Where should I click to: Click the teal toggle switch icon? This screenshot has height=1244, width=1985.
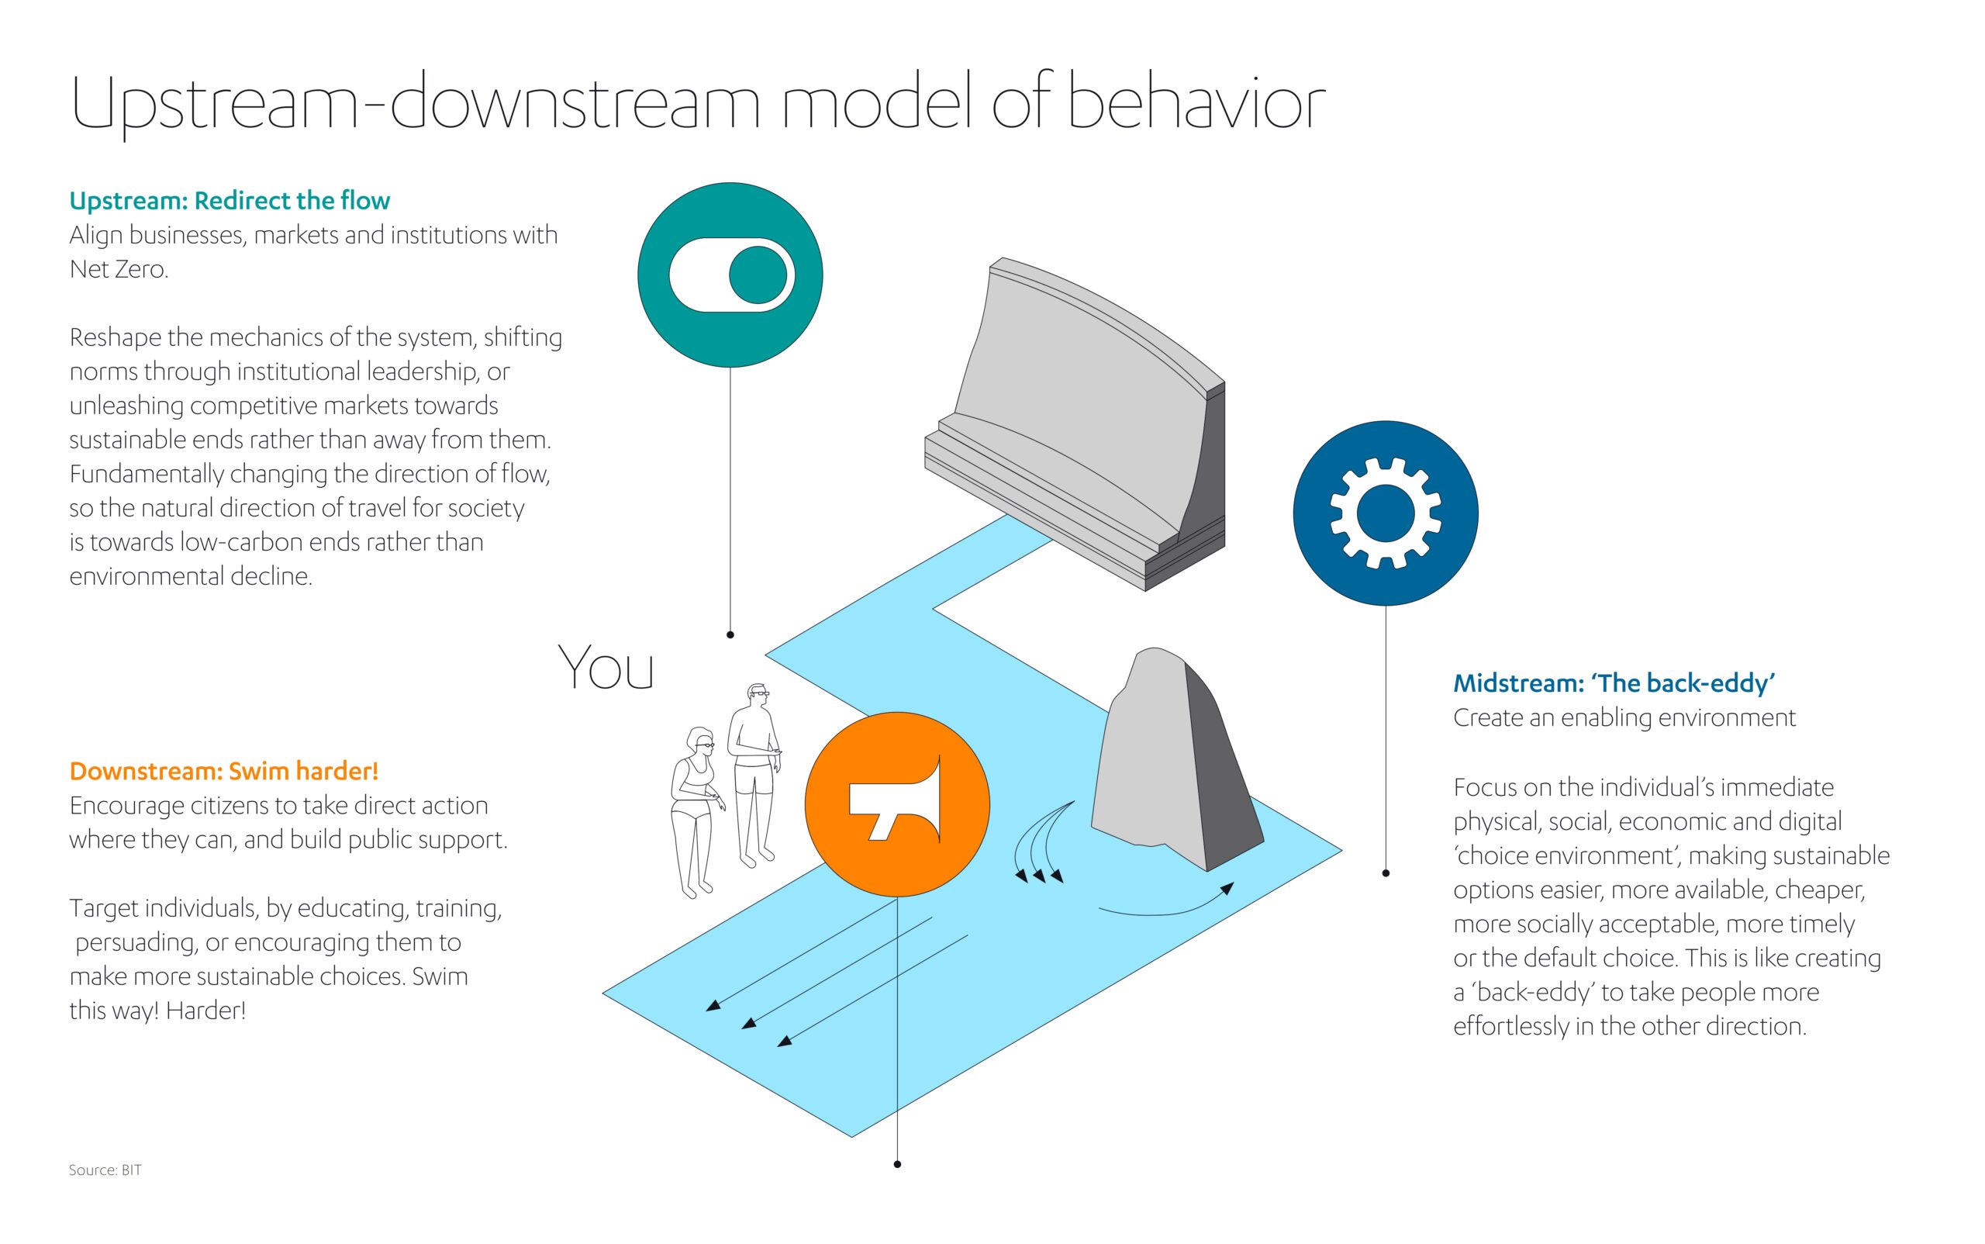[730, 275]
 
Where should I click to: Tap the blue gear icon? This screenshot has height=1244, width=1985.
[1386, 513]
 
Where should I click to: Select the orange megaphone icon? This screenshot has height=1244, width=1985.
[896, 803]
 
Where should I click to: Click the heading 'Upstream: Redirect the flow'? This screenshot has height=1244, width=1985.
[230, 201]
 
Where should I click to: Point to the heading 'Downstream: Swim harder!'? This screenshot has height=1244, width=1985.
[224, 771]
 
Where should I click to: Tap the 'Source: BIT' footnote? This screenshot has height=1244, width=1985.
[105, 1169]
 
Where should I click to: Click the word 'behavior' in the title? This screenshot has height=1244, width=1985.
[1196, 103]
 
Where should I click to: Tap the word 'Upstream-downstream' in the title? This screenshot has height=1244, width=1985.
[416, 103]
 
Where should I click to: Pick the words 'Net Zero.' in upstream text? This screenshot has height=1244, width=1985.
[119, 269]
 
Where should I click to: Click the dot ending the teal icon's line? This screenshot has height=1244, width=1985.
[730, 634]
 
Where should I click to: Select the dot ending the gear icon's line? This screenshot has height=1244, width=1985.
[1386, 873]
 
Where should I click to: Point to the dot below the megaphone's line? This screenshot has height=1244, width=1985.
[896, 1164]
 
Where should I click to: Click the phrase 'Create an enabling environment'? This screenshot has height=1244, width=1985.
[1624, 717]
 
